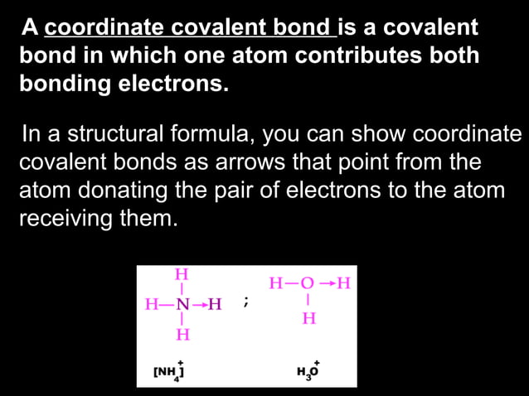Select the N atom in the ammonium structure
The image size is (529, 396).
(182, 303)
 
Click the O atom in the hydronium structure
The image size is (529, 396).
(308, 283)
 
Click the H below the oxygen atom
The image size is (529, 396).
(308, 317)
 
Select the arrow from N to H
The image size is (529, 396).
(199, 304)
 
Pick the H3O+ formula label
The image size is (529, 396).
(308, 369)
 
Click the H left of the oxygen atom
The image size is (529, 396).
(275, 283)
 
